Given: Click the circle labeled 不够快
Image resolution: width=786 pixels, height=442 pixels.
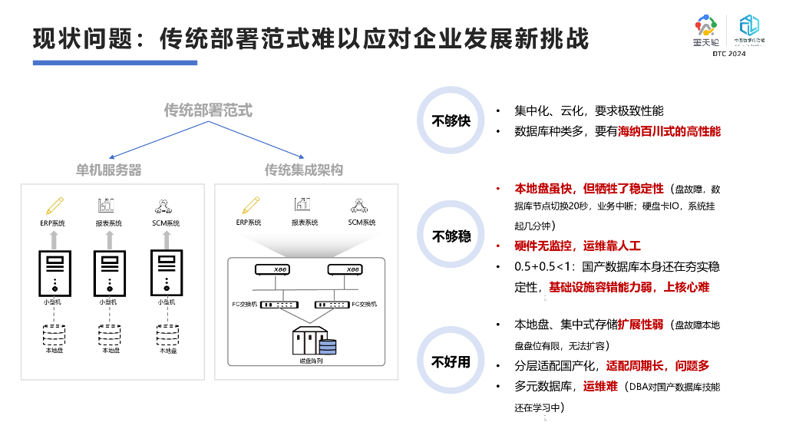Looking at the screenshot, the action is coord(451,120).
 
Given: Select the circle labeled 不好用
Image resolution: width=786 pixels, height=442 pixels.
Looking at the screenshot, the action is coord(451,361).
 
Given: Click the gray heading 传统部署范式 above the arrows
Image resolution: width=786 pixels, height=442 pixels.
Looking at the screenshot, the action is coord(208,110).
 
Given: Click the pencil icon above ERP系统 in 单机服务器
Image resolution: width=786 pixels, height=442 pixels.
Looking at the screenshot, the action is coord(53,206).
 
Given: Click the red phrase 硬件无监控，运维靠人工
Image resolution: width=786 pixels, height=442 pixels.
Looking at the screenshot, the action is coord(577,246).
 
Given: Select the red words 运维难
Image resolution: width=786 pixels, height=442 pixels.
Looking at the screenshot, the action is coord(600,386).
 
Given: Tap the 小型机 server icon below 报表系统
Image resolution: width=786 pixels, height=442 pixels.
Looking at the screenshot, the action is coord(108,273).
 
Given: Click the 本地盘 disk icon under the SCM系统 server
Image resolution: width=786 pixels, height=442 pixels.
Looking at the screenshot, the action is coord(167,336).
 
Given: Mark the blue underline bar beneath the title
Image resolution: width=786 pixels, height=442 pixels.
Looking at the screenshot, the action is coord(110,62).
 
